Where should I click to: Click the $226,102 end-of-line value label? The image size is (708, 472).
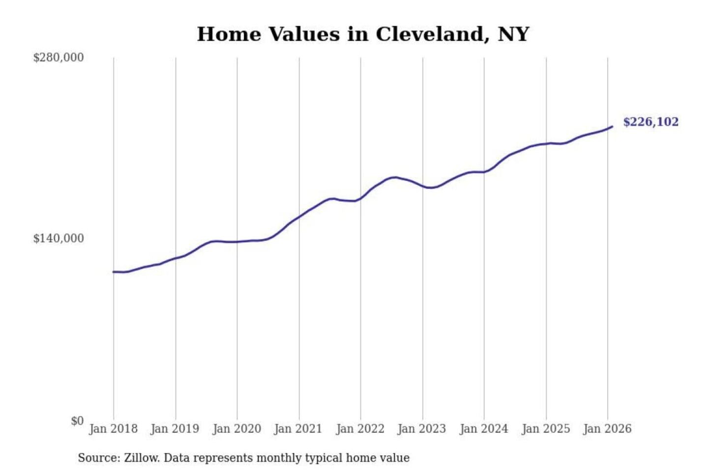click(x=650, y=122)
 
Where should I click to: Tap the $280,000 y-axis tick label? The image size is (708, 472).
click(x=59, y=58)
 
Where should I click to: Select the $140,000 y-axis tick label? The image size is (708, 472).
click(x=59, y=238)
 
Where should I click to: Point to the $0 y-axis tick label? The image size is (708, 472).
click(x=77, y=421)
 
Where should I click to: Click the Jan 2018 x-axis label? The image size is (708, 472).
click(x=113, y=429)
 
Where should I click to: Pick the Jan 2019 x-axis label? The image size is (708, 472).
click(x=175, y=429)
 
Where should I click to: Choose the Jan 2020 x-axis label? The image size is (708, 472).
click(x=236, y=429)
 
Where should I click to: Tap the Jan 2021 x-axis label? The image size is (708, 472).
click(x=298, y=429)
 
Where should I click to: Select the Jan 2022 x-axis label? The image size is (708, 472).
click(x=360, y=429)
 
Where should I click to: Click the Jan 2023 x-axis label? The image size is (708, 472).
click(x=421, y=429)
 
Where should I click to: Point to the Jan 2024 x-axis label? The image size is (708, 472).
click(x=483, y=429)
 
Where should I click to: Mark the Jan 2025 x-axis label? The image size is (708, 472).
click(x=545, y=429)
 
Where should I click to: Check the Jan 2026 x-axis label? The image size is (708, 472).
click(x=607, y=429)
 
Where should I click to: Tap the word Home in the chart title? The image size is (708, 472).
click(x=229, y=34)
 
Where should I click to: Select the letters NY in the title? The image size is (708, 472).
click(x=513, y=34)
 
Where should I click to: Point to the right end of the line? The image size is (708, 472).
click(x=612, y=127)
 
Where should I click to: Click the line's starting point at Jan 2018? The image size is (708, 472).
click(x=114, y=271)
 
